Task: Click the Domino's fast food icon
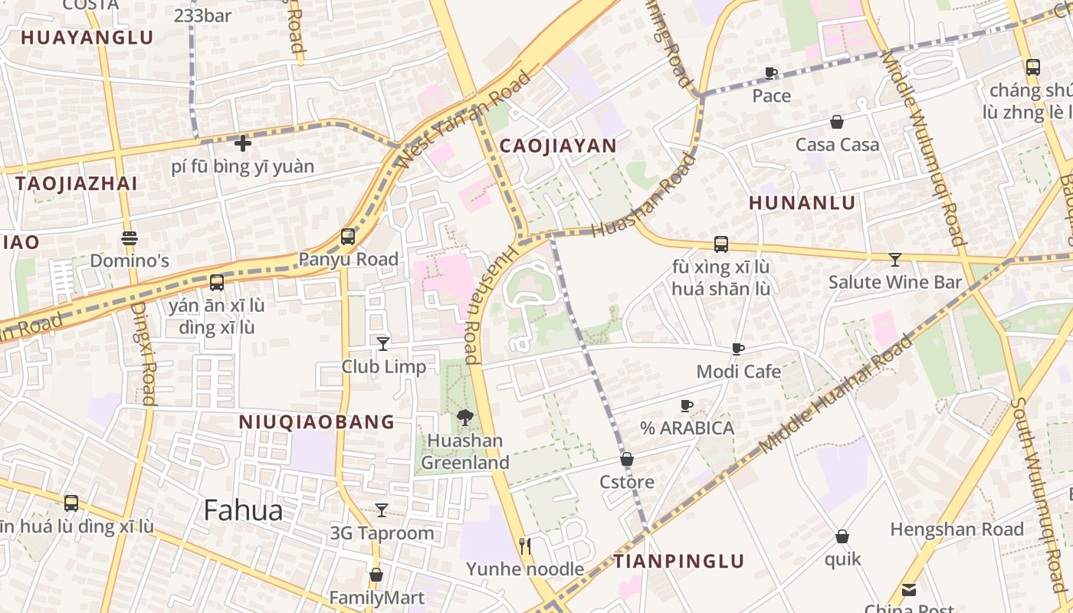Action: coord(129,238)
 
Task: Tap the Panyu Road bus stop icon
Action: coord(348,237)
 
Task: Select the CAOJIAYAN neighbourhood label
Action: coord(558,146)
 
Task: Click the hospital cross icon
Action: coord(243,143)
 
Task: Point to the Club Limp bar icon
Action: coord(383,343)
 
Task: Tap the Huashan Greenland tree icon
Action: coord(464,418)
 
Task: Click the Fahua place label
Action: coord(243,510)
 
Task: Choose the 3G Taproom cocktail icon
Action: coord(382,510)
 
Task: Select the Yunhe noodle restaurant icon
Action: coord(525,546)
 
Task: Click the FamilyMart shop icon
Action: coord(376,575)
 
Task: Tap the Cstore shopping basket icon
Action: coord(627,459)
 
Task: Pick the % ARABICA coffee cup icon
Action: coord(687,405)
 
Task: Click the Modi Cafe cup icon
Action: coord(738,349)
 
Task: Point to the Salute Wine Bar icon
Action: coord(894,259)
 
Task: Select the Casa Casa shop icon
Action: coord(837,122)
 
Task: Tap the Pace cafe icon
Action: coord(771,73)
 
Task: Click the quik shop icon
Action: coord(842,536)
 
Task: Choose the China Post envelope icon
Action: coord(909,589)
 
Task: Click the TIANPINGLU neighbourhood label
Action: coord(679,562)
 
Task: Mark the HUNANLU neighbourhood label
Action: coord(802,203)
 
